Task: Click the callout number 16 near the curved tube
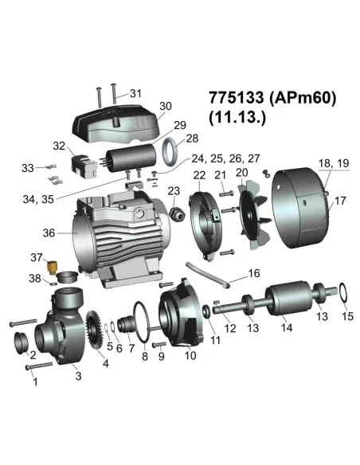(253, 273)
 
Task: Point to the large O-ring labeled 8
(143, 326)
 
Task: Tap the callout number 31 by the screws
(135, 93)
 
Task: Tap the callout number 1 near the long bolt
(33, 382)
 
